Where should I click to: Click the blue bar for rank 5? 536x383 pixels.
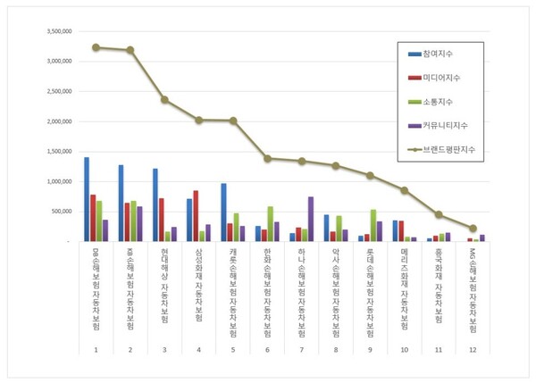pyautogui.click(x=224, y=212)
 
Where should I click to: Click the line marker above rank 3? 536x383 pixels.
pyautogui.click(x=164, y=99)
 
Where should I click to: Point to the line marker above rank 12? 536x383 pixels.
pyautogui.click(x=473, y=229)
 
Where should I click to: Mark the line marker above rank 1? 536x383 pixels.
pyautogui.click(x=96, y=47)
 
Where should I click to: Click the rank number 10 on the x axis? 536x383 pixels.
pyautogui.click(x=405, y=348)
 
